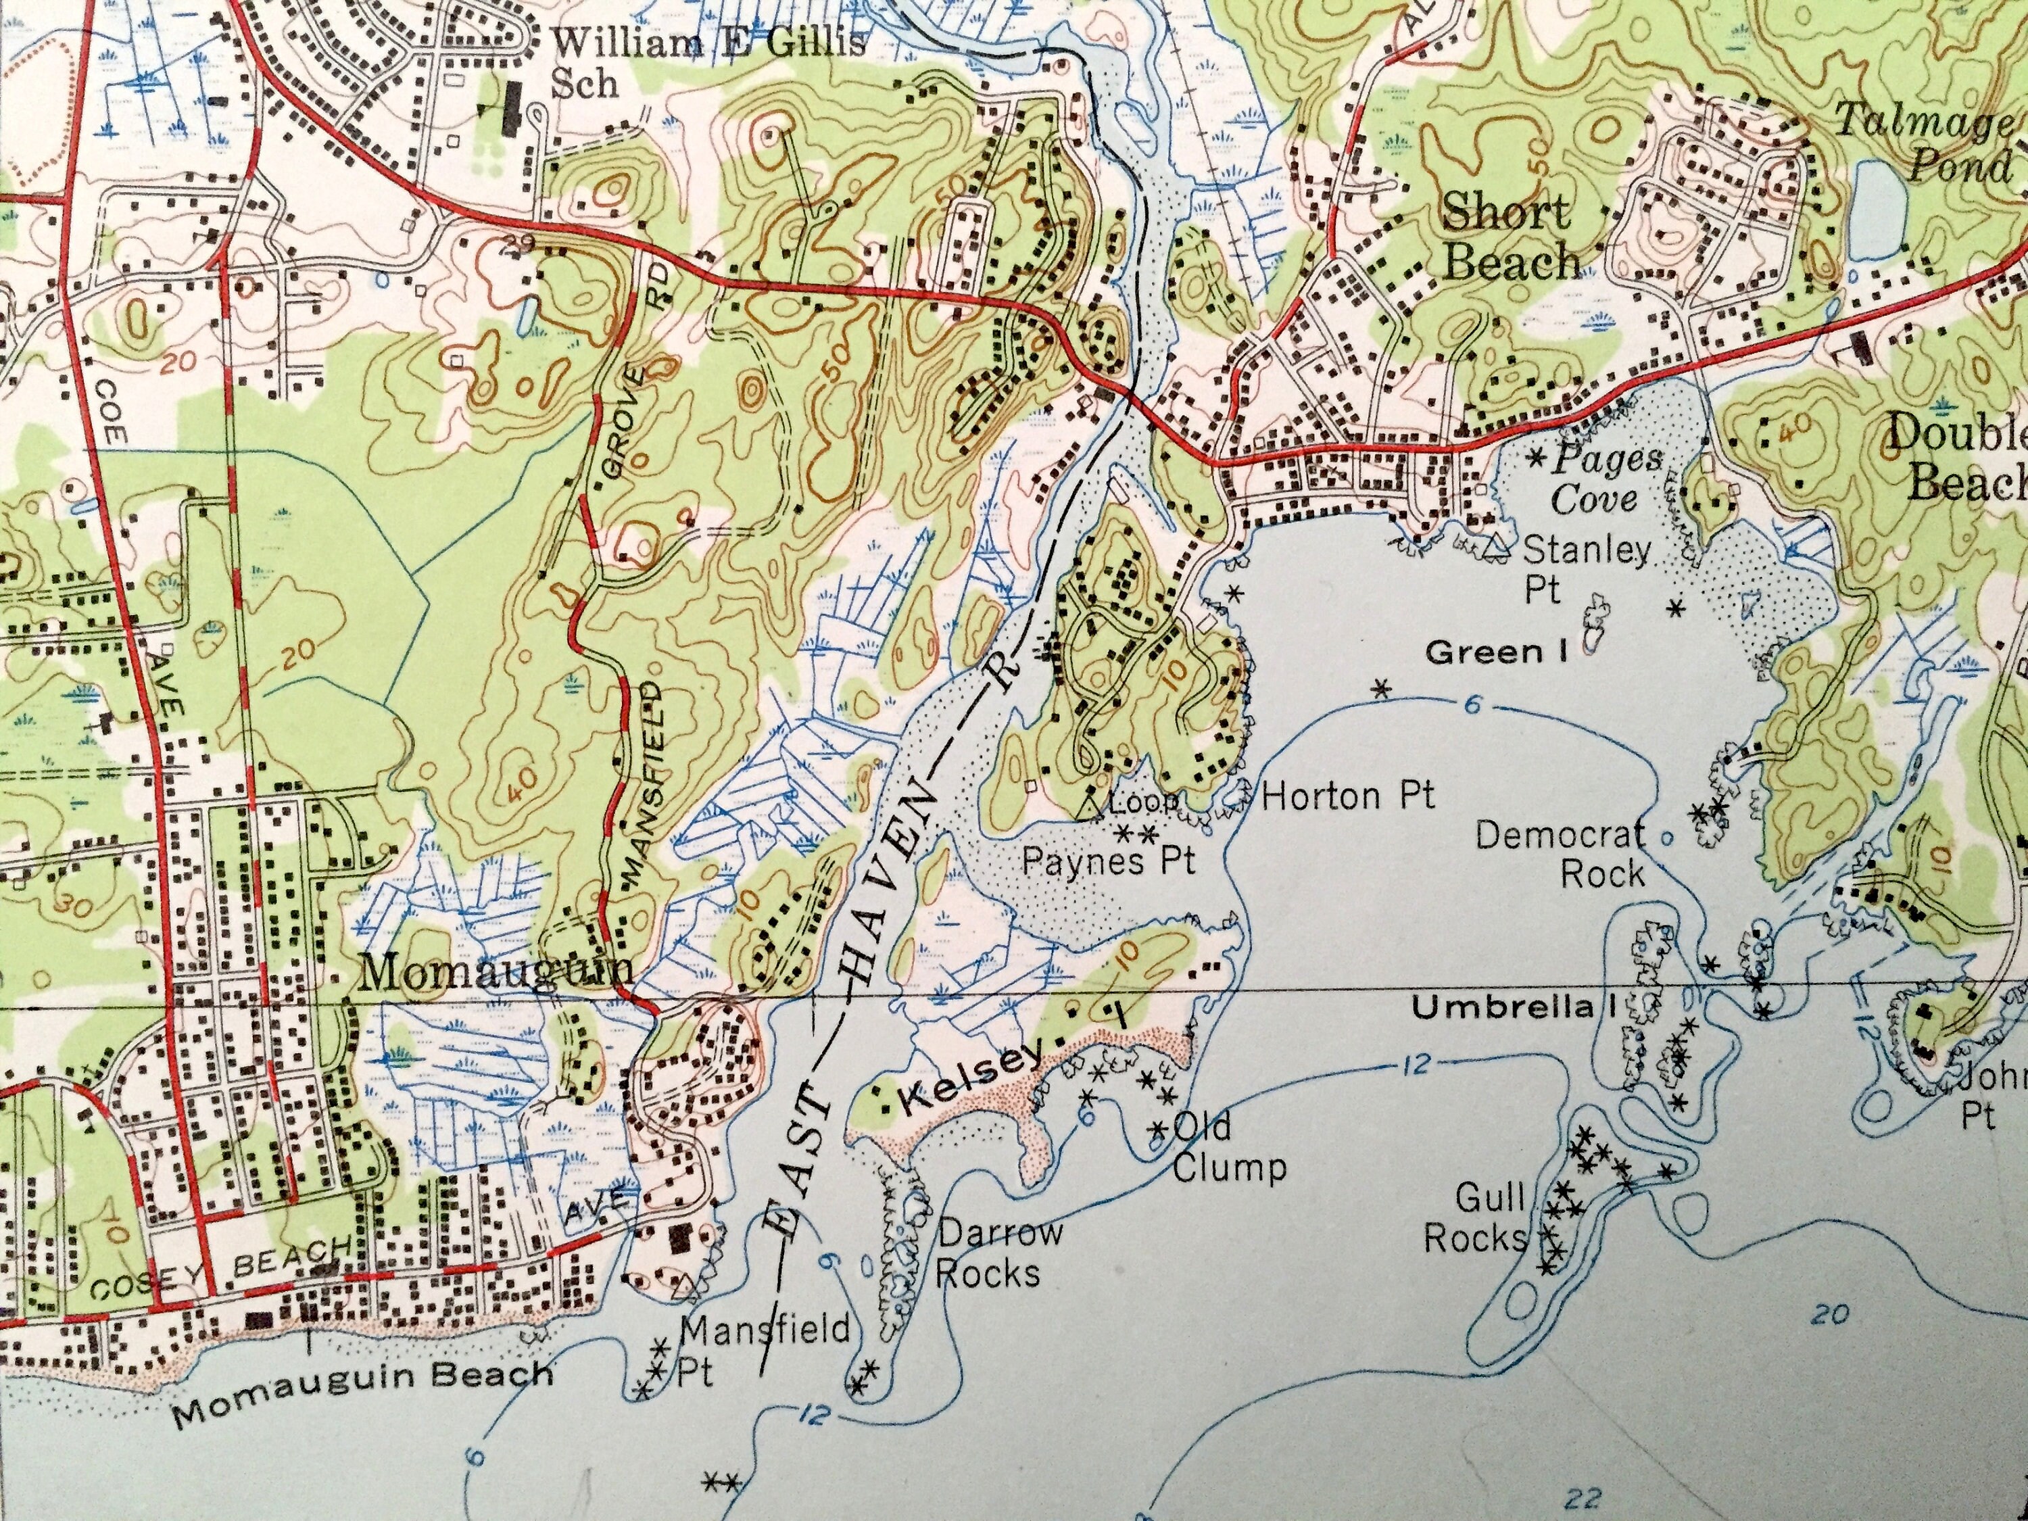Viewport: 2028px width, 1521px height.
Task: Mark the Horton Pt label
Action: click(1347, 796)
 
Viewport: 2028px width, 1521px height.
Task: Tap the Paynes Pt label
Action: click(1109, 861)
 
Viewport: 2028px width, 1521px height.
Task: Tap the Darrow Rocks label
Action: click(995, 1253)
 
